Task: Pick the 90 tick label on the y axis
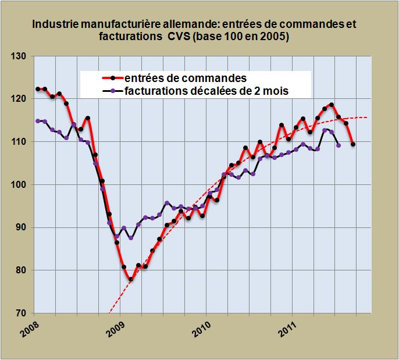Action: [x=23, y=227]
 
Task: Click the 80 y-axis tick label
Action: [x=23, y=270]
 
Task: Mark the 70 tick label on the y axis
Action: [x=23, y=313]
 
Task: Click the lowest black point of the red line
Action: [x=131, y=280]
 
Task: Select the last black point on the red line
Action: [x=353, y=144]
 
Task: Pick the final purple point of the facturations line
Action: [x=339, y=145]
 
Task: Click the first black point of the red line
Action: [x=38, y=89]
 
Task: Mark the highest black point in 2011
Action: [x=332, y=105]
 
